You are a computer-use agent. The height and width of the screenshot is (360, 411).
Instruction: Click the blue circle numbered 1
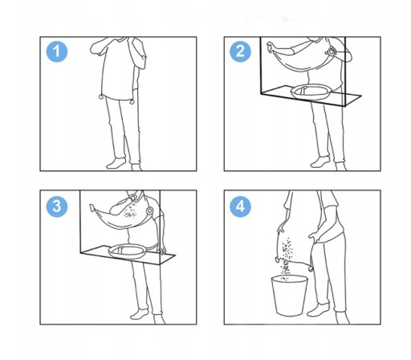pyautogui.click(x=57, y=51)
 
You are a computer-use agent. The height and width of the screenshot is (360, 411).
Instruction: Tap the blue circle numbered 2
pyautogui.click(x=241, y=51)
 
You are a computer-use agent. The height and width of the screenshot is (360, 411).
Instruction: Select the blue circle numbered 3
pyautogui.click(x=57, y=207)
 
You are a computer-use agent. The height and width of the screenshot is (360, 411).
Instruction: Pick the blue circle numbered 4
pyautogui.click(x=241, y=207)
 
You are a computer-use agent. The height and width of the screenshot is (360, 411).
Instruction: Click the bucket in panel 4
pyautogui.click(x=290, y=296)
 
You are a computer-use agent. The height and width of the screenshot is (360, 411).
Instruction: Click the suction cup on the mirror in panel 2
pyautogui.click(x=331, y=51)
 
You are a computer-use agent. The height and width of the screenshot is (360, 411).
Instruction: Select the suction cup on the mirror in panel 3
pyautogui.click(x=149, y=211)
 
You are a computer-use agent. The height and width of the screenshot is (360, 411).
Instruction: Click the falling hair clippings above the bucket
pyautogui.click(x=286, y=257)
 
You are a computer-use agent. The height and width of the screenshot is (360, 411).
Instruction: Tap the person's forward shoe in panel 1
pyautogui.click(x=116, y=163)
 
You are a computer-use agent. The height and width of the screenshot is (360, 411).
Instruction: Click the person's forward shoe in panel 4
pyautogui.click(x=318, y=310)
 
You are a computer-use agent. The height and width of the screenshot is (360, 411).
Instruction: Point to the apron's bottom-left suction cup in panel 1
pyautogui.click(x=101, y=96)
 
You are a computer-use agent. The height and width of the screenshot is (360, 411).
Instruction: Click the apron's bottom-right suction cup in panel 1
pyautogui.click(x=132, y=102)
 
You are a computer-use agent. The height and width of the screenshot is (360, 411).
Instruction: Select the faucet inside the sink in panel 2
pyautogui.click(x=303, y=90)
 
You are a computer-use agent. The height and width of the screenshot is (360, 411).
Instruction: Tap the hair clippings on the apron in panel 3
pyautogui.click(x=129, y=211)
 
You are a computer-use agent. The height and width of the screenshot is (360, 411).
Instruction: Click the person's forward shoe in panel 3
pyautogui.click(x=140, y=314)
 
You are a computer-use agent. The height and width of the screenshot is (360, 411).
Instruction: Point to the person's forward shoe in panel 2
pyautogui.click(x=320, y=162)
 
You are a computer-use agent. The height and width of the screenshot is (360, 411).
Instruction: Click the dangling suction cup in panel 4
pyautogui.click(x=311, y=268)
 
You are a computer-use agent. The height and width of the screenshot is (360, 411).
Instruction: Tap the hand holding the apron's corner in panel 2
pyautogui.click(x=271, y=47)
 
